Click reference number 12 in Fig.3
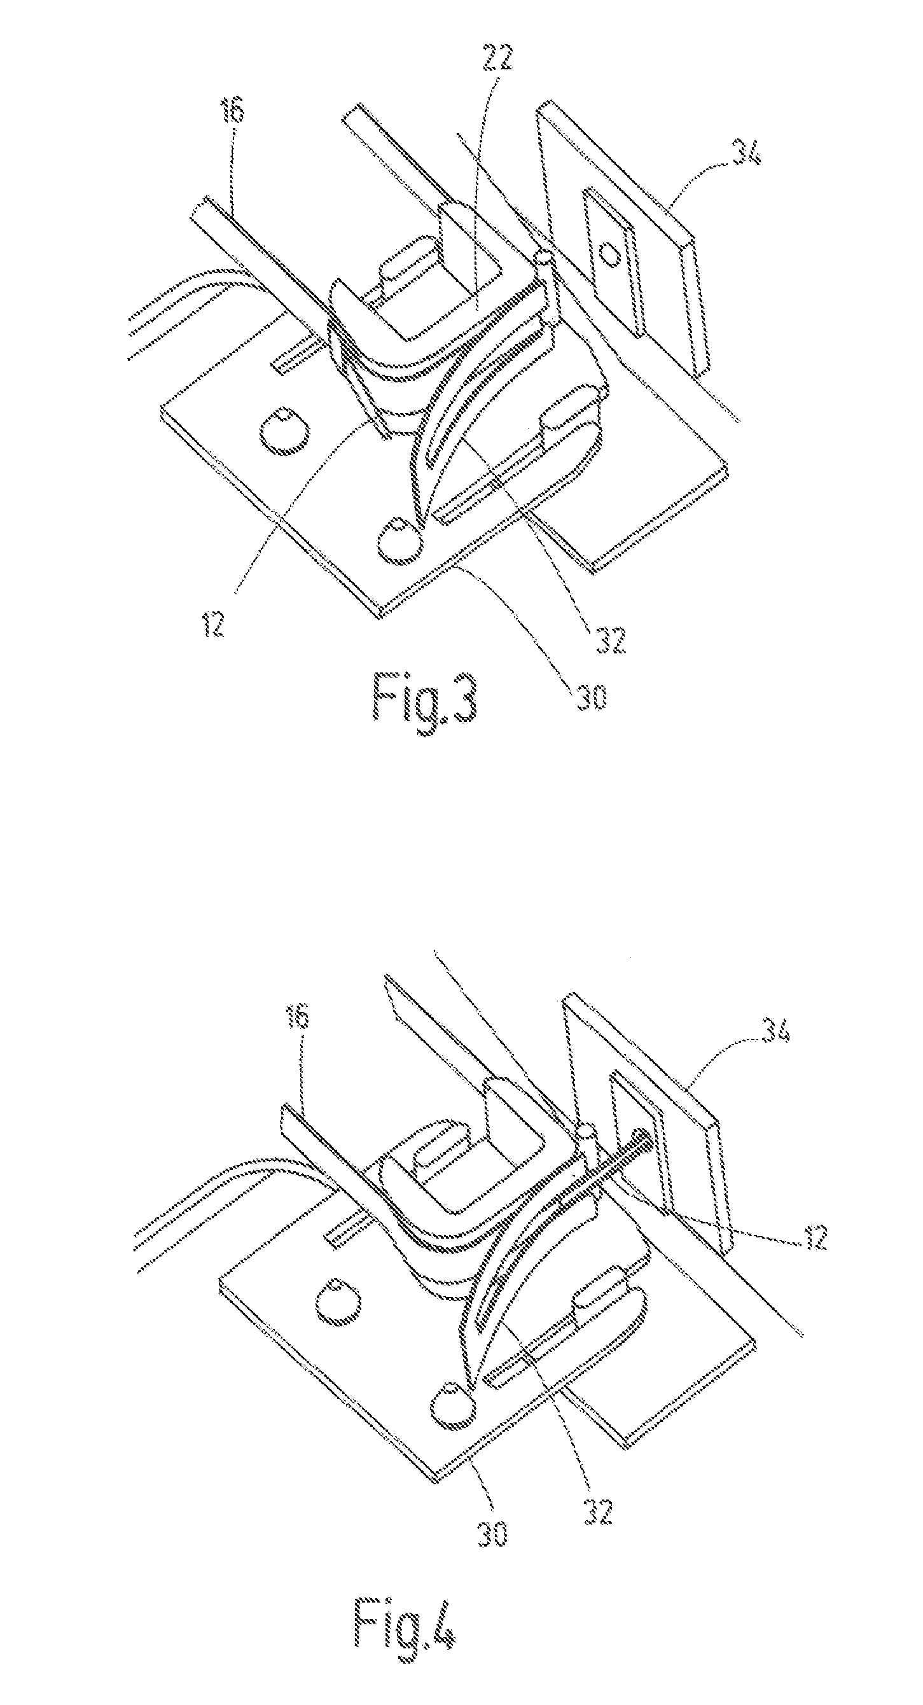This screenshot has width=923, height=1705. [213, 623]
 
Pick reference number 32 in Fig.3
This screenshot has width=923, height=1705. [609, 640]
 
